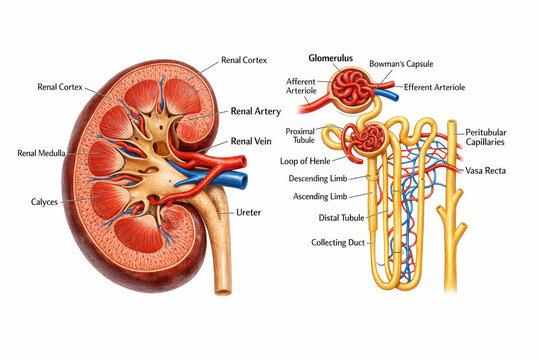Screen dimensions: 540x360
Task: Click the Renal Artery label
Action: (256, 111)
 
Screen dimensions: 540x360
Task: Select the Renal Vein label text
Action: (251, 142)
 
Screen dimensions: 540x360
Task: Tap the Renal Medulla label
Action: (42, 153)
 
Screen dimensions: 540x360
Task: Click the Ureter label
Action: (248, 213)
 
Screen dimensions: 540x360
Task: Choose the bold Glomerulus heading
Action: (331, 59)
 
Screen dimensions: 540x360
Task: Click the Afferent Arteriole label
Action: (301, 87)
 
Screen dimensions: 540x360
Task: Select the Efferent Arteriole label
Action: (435, 87)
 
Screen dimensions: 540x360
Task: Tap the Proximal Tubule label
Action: (300, 136)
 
